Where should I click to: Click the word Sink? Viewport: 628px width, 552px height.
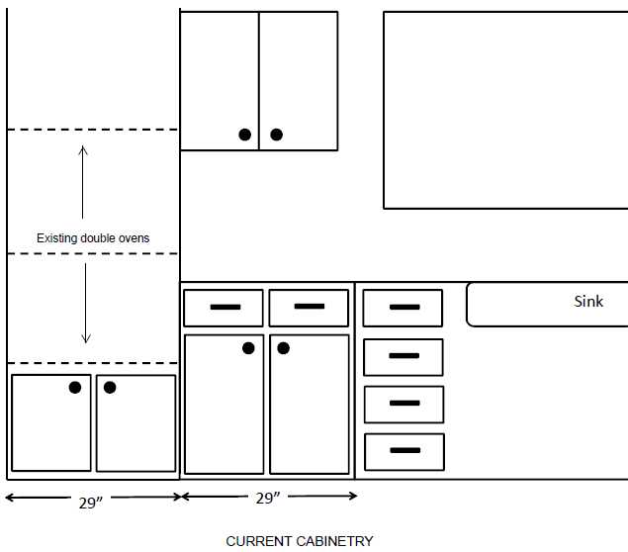click(588, 302)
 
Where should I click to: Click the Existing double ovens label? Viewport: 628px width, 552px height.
click(93, 238)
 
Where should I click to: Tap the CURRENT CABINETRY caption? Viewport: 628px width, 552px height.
click(300, 541)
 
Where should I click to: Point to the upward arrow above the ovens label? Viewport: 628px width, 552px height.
click(83, 182)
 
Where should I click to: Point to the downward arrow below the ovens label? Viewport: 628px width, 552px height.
click(85, 303)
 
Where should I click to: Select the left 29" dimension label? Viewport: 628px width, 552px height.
click(91, 502)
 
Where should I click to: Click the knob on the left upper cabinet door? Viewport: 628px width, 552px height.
click(244, 135)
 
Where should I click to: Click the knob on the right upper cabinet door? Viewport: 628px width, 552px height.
click(277, 135)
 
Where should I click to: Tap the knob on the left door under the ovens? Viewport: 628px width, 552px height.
click(75, 387)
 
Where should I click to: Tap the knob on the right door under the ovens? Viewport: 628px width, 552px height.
click(110, 387)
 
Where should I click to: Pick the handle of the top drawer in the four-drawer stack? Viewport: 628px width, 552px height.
click(404, 308)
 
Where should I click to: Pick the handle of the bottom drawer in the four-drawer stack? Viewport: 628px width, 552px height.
click(404, 451)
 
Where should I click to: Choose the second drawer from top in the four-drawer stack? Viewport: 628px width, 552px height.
click(404, 357)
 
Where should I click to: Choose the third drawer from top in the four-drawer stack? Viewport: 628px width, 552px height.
click(404, 405)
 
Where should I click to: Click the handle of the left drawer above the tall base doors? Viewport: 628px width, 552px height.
click(224, 308)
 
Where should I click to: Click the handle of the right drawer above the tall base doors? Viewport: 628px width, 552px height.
click(310, 307)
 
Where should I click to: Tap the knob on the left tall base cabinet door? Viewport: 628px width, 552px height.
click(248, 348)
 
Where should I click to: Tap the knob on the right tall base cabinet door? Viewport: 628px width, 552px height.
click(284, 348)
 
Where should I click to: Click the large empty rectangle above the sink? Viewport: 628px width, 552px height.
click(505, 110)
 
